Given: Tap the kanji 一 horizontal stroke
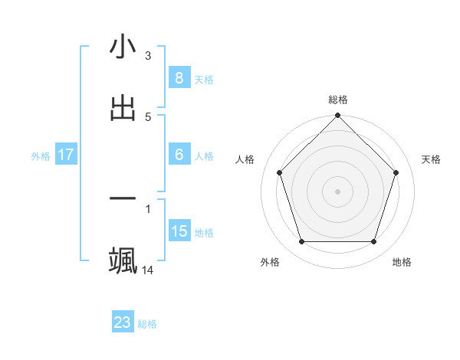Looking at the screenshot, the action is click(x=123, y=199).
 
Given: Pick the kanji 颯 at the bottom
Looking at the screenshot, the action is click(x=123, y=260).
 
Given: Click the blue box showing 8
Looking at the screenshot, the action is click(x=179, y=78).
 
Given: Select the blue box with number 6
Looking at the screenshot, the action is click(x=179, y=155).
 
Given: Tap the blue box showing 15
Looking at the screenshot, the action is click(x=179, y=231).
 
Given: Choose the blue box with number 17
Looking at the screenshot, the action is click(x=66, y=155).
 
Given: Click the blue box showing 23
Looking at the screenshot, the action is click(x=123, y=322).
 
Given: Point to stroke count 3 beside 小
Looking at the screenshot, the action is click(x=148, y=56).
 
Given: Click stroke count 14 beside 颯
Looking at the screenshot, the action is click(x=148, y=270).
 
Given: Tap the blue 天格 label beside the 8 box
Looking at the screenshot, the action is click(x=204, y=79).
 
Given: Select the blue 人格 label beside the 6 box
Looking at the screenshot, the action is click(x=204, y=155).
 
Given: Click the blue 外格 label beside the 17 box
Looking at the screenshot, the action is click(x=41, y=155).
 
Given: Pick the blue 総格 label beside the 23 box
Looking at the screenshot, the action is click(x=148, y=324).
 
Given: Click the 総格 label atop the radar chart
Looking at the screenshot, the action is click(x=338, y=100).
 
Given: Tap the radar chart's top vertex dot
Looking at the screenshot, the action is click(x=338, y=116).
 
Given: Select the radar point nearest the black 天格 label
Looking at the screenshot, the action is click(x=396, y=172).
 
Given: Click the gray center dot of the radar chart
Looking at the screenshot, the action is click(x=338, y=191).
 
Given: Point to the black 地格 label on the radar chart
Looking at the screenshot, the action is click(x=402, y=262).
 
